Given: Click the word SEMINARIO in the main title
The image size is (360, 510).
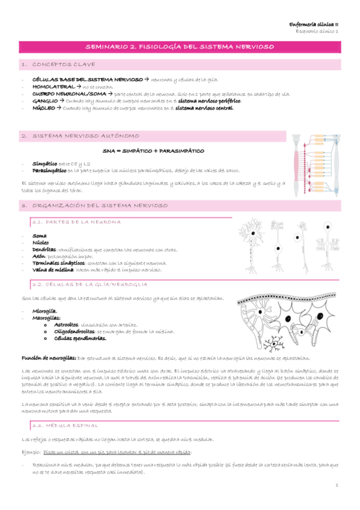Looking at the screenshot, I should [108, 46].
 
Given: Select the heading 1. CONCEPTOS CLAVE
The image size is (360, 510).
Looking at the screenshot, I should [53, 64].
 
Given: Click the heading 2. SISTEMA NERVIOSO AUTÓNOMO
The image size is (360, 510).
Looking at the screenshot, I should [73, 137].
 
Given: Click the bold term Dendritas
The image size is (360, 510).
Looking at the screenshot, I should [44, 249].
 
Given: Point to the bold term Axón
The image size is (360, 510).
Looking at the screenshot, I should [40, 256].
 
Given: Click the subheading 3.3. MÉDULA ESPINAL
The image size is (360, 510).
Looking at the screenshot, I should [66, 425].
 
